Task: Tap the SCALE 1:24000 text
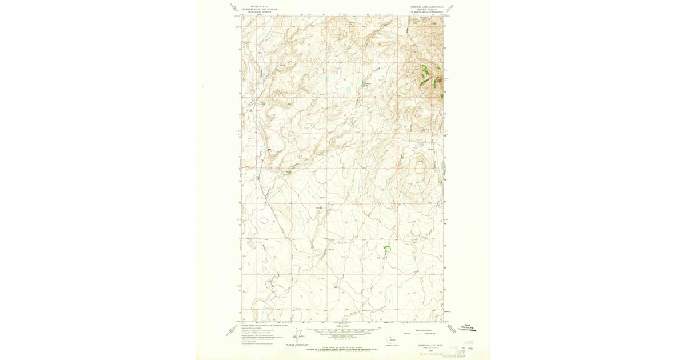pyautogui.click(x=342, y=326)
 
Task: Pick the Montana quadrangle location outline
pyautogui.click(x=392, y=338)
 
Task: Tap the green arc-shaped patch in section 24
pyautogui.click(x=387, y=249)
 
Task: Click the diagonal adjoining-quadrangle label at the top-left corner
pyautogui.click(x=234, y=7)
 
